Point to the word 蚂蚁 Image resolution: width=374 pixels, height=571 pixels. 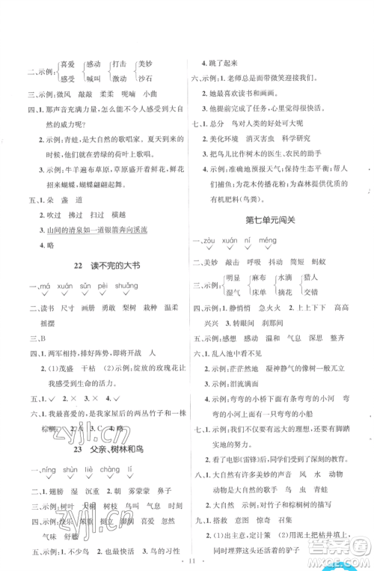click(x=343, y=233)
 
